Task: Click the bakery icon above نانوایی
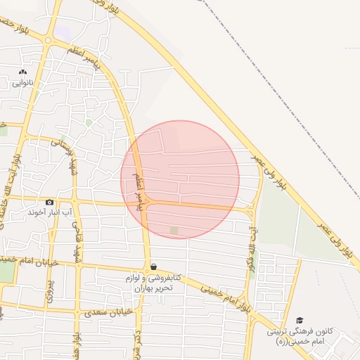click(22, 72)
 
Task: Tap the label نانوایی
click(22, 83)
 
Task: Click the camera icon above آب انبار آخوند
click(49, 202)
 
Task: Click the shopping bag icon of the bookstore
click(153, 266)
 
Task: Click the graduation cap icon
click(300, 321)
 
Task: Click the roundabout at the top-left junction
click(48, 40)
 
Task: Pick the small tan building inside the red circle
click(174, 230)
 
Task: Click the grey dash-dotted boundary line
click(281, 98)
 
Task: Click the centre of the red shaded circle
click(180, 179)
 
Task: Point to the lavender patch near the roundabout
click(64, 33)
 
